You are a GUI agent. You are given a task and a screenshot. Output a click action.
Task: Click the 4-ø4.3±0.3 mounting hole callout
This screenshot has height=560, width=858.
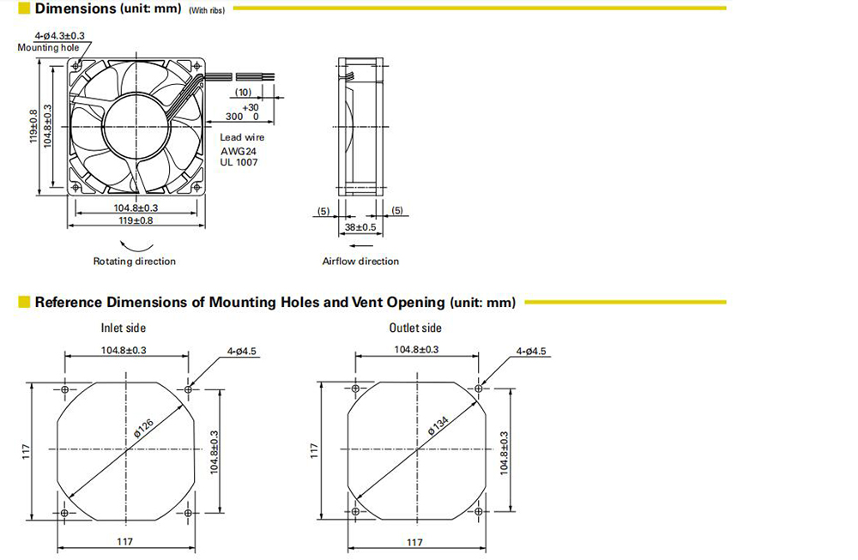(60, 36)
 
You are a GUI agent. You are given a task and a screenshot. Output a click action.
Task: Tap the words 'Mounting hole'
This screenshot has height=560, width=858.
(48, 47)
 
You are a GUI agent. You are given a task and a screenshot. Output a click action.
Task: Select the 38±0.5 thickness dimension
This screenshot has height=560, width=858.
(360, 227)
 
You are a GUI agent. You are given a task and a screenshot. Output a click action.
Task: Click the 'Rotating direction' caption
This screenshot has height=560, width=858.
(135, 262)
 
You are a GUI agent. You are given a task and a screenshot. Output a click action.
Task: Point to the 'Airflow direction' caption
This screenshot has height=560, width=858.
(360, 262)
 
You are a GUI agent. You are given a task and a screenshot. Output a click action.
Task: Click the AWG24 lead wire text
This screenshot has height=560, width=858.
(239, 151)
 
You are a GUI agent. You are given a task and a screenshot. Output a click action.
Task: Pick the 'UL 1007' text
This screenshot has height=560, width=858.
(239, 162)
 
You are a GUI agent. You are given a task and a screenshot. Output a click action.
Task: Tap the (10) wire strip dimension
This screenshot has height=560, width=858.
(243, 93)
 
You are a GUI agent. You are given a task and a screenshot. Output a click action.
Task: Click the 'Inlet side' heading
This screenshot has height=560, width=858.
(123, 328)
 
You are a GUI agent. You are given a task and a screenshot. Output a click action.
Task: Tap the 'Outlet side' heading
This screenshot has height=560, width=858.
(415, 328)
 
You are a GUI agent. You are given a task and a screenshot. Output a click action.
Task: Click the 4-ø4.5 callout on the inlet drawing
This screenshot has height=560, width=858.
(242, 351)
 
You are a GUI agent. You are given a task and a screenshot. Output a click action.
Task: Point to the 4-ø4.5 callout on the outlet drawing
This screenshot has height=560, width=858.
(531, 351)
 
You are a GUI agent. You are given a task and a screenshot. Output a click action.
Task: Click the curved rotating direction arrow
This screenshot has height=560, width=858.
(136, 247)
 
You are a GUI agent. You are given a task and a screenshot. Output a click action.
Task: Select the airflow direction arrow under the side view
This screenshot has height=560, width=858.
(361, 245)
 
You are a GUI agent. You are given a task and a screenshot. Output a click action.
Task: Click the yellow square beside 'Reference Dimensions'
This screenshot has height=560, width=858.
(23, 302)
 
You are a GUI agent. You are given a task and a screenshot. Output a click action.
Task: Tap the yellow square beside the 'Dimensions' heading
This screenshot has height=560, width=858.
(23, 9)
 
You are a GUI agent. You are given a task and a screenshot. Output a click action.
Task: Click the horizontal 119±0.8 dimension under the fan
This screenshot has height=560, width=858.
(136, 220)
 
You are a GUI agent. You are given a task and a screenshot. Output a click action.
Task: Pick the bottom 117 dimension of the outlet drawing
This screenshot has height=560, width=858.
(414, 543)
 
